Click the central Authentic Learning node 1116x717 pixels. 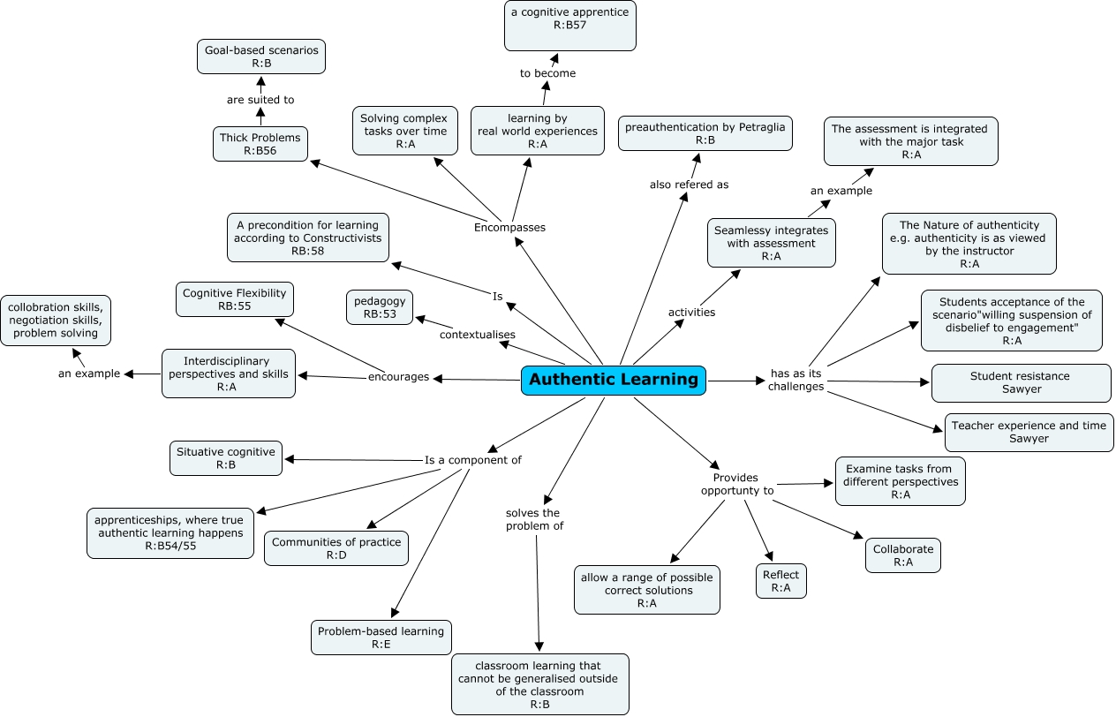(613, 380)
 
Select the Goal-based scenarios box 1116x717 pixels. (261, 57)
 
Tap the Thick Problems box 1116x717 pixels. (260, 144)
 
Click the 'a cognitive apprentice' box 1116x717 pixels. (570, 26)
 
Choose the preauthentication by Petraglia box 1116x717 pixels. (705, 133)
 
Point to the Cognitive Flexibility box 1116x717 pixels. (234, 299)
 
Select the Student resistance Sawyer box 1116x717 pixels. (1020, 382)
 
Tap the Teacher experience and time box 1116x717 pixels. (1029, 432)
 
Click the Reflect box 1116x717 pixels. (780, 581)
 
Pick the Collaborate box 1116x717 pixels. (902, 555)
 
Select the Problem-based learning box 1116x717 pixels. (381, 638)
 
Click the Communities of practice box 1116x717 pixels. (336, 548)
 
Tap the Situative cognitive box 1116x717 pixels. (226, 457)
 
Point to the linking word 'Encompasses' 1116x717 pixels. (509, 227)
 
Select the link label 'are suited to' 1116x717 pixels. (260, 100)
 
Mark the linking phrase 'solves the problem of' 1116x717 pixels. (534, 519)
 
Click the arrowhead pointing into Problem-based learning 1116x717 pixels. (394, 613)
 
